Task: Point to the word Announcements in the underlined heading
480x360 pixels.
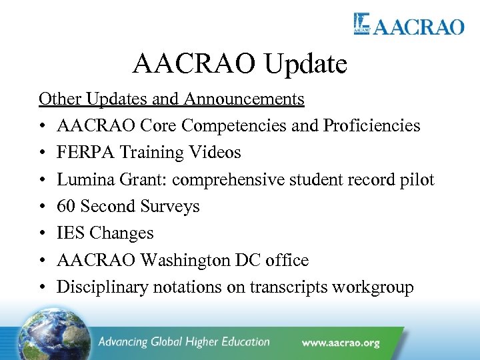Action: click(244, 99)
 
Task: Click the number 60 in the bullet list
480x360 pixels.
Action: click(67, 207)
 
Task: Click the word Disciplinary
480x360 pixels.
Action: click(103, 287)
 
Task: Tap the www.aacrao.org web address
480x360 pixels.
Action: click(340, 343)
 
